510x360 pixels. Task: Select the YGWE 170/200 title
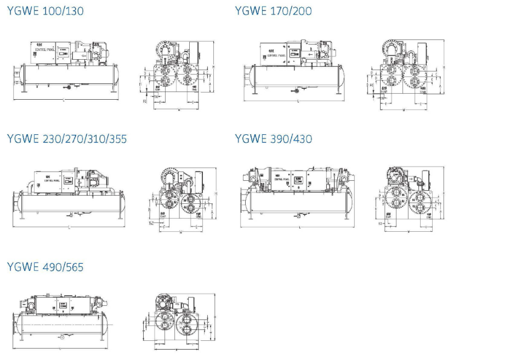[273, 10]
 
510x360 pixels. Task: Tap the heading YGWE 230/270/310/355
[66, 139]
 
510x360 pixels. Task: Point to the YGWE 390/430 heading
[273, 139]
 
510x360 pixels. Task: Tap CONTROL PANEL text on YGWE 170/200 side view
[274, 55]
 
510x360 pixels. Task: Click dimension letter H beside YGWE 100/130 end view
[216, 66]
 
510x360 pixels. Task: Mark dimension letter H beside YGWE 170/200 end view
[444, 67]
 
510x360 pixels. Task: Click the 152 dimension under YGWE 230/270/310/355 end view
[151, 223]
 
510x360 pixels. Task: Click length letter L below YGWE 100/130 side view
[65, 100]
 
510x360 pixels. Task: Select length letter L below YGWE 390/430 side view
[299, 227]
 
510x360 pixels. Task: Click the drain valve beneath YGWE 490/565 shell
[62, 337]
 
